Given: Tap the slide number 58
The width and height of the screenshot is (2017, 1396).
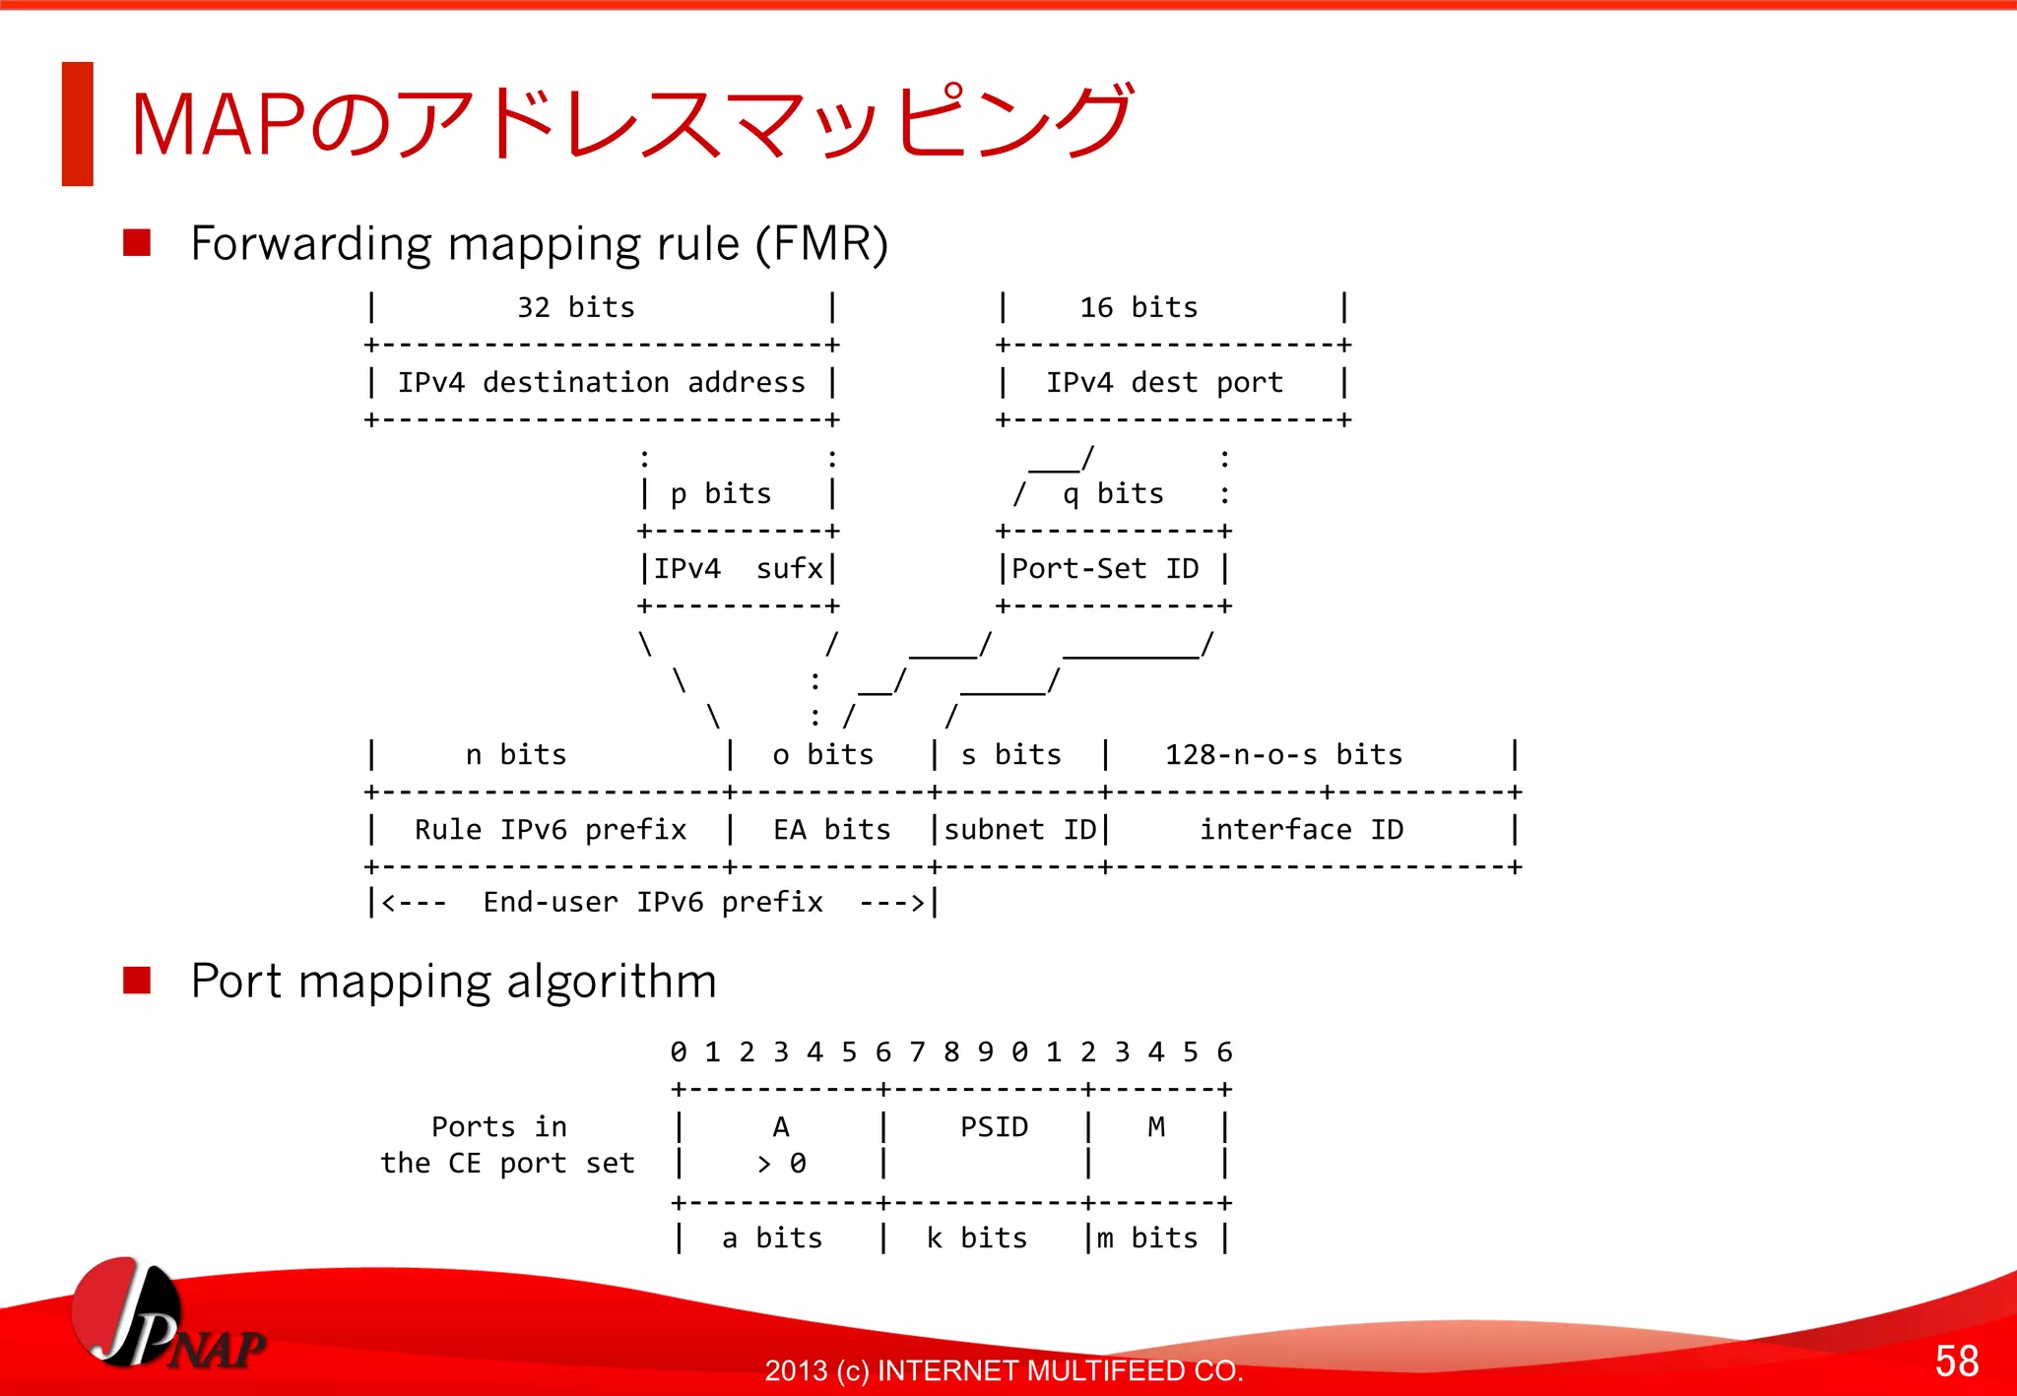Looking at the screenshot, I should pyautogui.click(x=1956, y=1361).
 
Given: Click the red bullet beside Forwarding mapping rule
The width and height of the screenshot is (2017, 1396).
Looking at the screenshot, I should pyautogui.click(x=137, y=243).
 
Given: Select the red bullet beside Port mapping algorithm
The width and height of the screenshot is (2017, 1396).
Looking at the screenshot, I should pyautogui.click(x=137, y=981).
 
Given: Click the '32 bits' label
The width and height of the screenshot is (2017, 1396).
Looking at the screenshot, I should pyautogui.click(x=576, y=308).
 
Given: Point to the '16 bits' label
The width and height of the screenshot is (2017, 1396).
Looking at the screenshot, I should pyautogui.click(x=1139, y=308).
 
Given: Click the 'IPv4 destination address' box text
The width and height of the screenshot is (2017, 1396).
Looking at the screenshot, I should pyautogui.click(x=601, y=383).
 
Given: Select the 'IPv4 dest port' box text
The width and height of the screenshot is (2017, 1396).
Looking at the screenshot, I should pyautogui.click(x=1164, y=383).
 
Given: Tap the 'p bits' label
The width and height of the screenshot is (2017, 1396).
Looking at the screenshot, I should pyautogui.click(x=721, y=494).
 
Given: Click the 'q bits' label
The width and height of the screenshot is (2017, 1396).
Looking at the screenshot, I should pyautogui.click(x=1113, y=494).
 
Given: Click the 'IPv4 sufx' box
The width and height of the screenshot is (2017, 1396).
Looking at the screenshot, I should pyautogui.click(x=738, y=569).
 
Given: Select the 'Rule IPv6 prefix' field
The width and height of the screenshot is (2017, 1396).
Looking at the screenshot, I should pyautogui.click(x=550, y=830).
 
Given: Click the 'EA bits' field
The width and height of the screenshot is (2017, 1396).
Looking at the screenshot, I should pyautogui.click(x=831, y=830).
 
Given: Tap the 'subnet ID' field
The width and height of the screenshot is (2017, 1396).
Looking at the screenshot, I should pyautogui.click(x=1019, y=830).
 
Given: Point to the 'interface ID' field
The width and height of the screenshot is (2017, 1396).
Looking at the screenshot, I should pyautogui.click(x=1301, y=830).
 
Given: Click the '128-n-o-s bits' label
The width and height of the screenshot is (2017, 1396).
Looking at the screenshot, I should pyautogui.click(x=1283, y=755).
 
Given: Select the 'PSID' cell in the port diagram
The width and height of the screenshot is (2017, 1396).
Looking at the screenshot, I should pyautogui.click(x=994, y=1127).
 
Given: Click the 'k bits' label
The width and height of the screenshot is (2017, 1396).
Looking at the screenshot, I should pyautogui.click(x=976, y=1238).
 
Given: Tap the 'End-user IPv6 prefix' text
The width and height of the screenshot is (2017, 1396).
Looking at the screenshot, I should pyautogui.click(x=652, y=903).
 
